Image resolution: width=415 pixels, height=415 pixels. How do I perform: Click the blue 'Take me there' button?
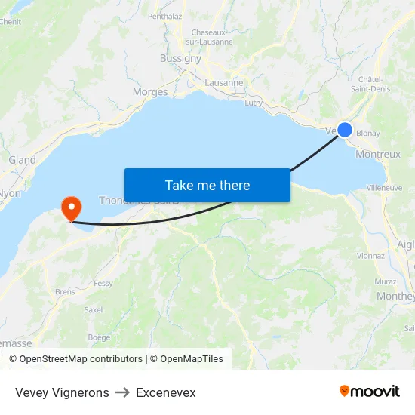click(207, 185)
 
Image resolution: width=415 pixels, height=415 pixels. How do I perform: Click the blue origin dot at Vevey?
click(345, 130)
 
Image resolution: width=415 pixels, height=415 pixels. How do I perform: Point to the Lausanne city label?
click(224, 83)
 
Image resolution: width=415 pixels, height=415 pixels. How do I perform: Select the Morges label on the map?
click(150, 92)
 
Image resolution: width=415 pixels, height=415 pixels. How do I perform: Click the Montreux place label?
click(377, 154)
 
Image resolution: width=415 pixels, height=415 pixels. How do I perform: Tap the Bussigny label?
click(180, 58)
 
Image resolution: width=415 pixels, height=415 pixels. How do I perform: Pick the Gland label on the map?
click(22, 160)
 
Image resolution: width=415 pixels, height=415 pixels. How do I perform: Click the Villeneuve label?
click(384, 187)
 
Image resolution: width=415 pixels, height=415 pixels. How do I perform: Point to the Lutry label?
click(254, 102)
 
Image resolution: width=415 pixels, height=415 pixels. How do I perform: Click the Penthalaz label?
click(164, 16)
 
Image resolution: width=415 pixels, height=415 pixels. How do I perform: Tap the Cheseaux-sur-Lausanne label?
click(211, 37)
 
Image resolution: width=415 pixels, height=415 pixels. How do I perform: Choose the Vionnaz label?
click(372, 256)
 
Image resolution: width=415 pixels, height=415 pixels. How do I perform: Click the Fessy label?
click(103, 284)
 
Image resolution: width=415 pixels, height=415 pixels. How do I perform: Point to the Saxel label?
click(94, 309)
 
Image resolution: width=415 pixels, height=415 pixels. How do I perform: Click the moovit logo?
click(369, 392)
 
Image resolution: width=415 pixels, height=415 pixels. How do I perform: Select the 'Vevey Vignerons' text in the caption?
click(62, 392)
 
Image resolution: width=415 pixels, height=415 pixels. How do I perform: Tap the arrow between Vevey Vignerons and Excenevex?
click(122, 392)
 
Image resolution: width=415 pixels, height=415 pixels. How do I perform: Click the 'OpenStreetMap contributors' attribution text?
click(81, 359)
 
